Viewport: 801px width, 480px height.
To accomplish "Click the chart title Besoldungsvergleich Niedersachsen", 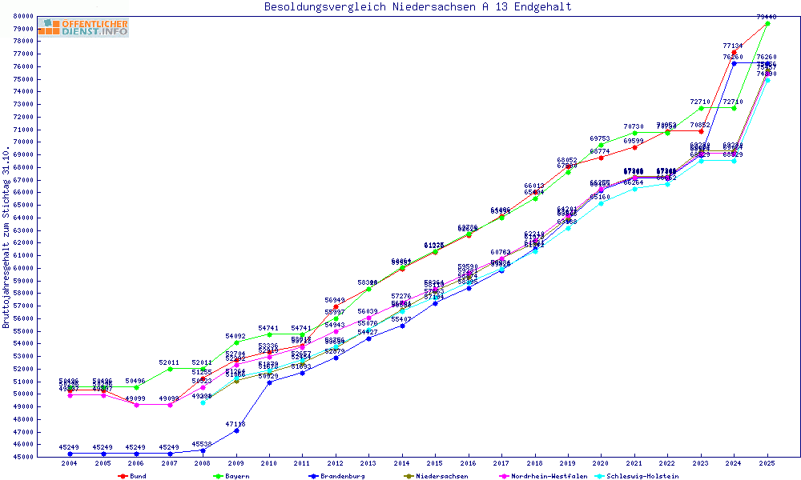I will click(x=418, y=7).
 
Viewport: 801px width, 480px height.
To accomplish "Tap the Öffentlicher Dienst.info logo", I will click(x=83, y=28).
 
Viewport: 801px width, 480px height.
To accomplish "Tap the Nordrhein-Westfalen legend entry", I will click(x=545, y=476).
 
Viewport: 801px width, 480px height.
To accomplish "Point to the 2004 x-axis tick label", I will click(x=70, y=463).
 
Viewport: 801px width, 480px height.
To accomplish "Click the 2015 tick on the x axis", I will click(x=435, y=463).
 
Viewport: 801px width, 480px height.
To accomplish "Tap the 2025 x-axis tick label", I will click(x=767, y=463).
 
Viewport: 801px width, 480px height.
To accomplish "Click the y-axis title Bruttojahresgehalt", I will click(x=6, y=237).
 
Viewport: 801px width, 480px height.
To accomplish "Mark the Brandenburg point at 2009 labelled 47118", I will click(x=236, y=430).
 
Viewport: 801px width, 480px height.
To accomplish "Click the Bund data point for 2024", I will click(x=735, y=52).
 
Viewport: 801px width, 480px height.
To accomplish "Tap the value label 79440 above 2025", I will click(x=767, y=17).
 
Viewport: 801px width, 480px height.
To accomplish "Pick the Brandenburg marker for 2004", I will click(x=70, y=454).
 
